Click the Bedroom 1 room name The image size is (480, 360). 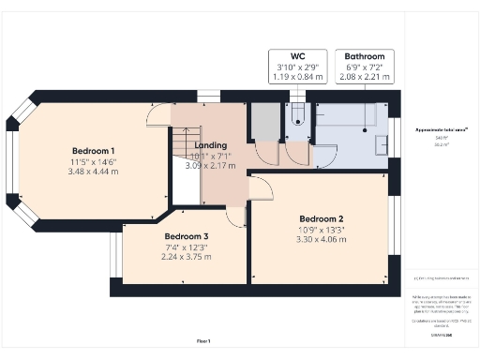[94, 150]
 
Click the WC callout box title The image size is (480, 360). [295, 56]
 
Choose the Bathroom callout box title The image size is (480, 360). [364, 56]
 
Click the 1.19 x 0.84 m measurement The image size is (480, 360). [295, 78]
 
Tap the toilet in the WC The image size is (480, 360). [297, 115]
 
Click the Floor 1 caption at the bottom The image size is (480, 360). [203, 340]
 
